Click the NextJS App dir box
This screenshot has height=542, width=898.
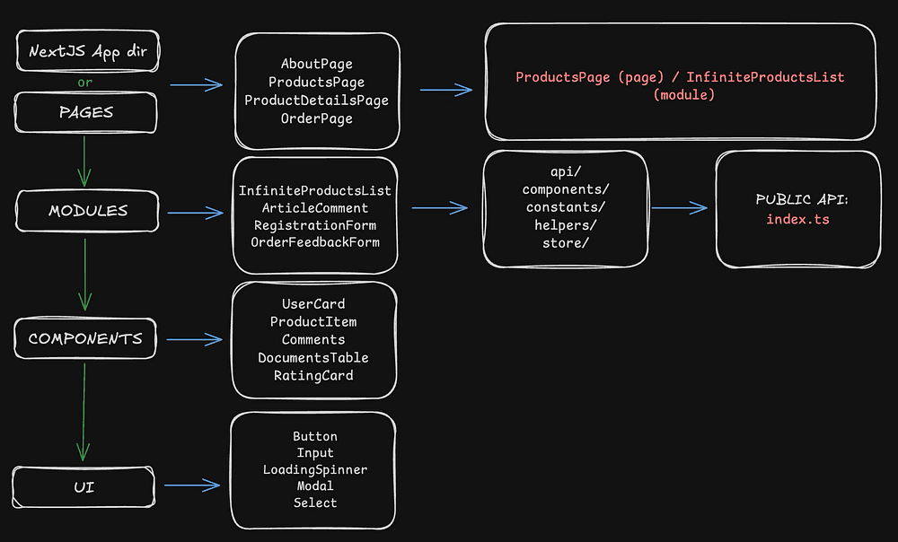click(x=88, y=51)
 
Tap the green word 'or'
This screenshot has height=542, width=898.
click(x=84, y=83)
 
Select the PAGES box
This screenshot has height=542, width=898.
click(x=86, y=112)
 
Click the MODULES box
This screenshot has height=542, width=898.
click(x=87, y=211)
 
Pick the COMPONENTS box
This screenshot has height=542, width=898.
click(x=85, y=338)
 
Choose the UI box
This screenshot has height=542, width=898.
click(x=84, y=487)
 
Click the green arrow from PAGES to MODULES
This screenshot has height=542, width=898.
click(x=84, y=162)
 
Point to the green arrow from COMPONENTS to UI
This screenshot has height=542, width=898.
click(x=84, y=412)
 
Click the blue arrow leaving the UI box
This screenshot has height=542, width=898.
click(x=192, y=485)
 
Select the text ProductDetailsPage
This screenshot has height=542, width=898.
click(x=316, y=101)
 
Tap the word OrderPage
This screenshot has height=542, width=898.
click(x=316, y=118)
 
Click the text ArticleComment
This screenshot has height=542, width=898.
click(x=315, y=208)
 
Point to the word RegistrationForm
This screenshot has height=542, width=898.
click(x=315, y=225)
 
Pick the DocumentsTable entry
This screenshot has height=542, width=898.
click(x=313, y=358)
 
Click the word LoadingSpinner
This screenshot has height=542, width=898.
click(x=315, y=469)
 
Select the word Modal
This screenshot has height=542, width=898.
click(x=315, y=485)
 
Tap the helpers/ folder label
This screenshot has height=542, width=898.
click(x=565, y=225)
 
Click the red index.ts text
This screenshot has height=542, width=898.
click(x=797, y=219)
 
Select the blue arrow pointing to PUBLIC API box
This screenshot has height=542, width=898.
click(x=679, y=208)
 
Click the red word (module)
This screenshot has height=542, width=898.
click(x=683, y=94)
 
